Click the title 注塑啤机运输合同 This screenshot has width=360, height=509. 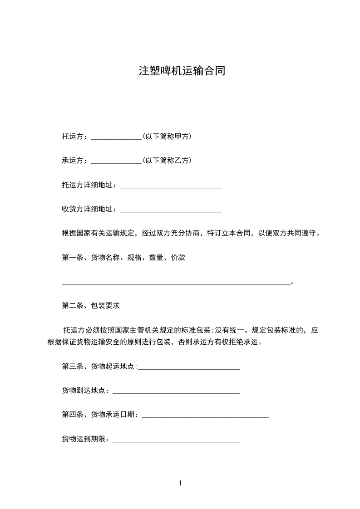pos(182,71)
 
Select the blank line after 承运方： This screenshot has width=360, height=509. pos(116,162)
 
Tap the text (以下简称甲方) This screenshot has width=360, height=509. pos(167,136)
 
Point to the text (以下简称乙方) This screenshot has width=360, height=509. pos(167,161)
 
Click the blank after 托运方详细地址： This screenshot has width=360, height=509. pos(170,186)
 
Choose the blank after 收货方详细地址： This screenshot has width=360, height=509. pos(170,210)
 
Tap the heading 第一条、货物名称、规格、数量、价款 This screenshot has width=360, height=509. pos(123,258)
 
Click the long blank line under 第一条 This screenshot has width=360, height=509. pos(176,284)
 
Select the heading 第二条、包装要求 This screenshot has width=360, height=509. pos(91,306)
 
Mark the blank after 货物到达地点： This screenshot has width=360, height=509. pos(176,392)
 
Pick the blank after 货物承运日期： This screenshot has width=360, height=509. pos(205,416)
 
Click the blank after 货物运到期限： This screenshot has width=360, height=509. pos(176,440)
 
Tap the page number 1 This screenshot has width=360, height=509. pos(180,483)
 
